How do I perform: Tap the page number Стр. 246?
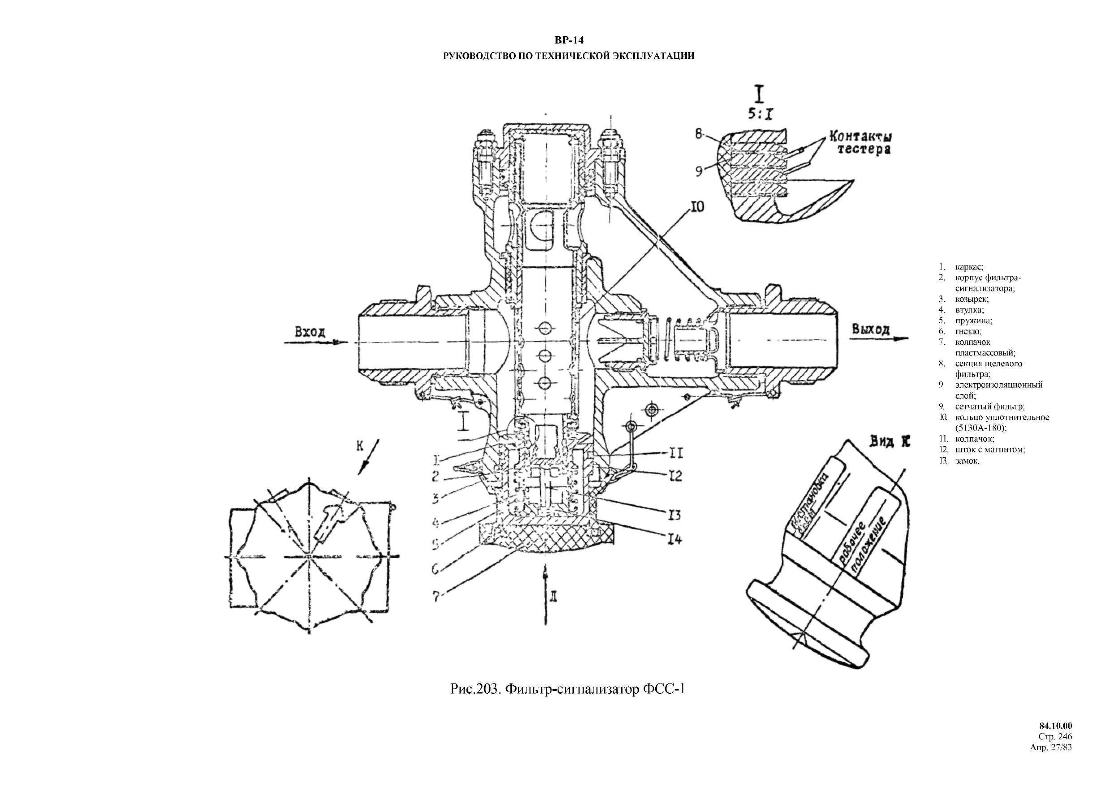pyautogui.click(x=1058, y=750)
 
